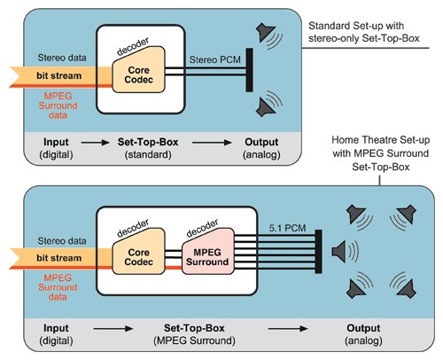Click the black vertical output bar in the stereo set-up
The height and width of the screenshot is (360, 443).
click(x=250, y=70)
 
